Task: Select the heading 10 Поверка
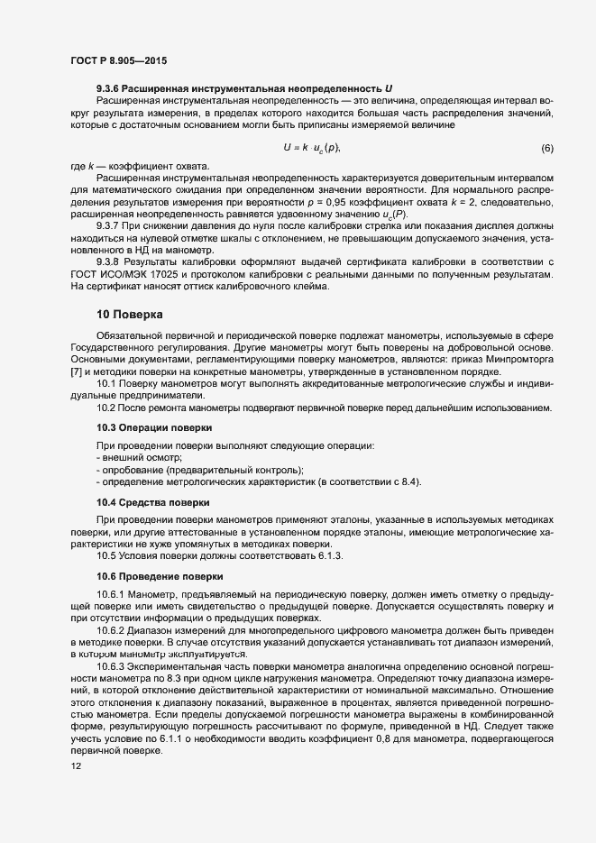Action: click(x=130, y=315)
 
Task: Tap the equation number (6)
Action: click(x=546, y=148)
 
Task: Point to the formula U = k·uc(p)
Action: click(x=311, y=148)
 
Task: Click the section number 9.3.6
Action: click(x=108, y=87)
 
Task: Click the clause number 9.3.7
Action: click(x=108, y=225)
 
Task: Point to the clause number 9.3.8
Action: click(x=108, y=261)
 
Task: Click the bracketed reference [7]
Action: click(x=76, y=372)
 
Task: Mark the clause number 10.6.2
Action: click(x=111, y=629)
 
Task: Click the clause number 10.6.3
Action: click(x=111, y=665)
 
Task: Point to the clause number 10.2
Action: click(x=105, y=408)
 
